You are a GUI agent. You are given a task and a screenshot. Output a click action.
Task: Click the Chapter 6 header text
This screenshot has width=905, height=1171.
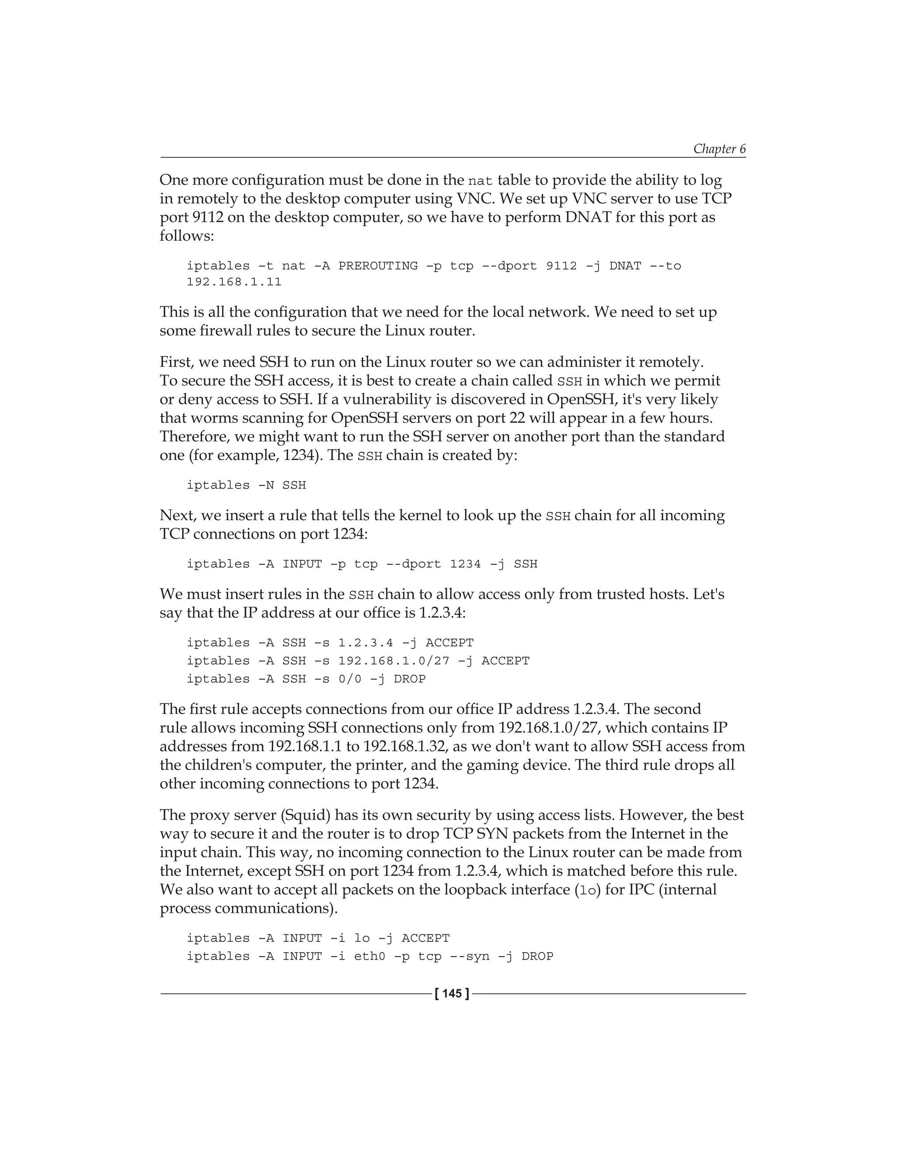tap(719, 148)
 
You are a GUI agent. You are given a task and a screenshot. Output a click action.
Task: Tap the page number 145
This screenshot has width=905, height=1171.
tap(452, 993)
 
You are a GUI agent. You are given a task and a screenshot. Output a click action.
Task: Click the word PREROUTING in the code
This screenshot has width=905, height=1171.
tap(377, 266)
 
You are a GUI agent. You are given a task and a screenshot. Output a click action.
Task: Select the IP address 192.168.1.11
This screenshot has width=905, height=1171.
tap(234, 282)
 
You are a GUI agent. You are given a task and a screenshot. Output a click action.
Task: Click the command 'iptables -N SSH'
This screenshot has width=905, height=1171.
tap(246, 485)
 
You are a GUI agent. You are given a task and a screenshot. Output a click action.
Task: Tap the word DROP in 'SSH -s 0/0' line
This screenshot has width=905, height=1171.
tap(410, 679)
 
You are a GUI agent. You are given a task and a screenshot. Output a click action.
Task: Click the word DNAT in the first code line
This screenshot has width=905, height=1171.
tap(625, 266)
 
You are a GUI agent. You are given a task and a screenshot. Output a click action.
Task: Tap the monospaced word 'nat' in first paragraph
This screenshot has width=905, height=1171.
tap(480, 181)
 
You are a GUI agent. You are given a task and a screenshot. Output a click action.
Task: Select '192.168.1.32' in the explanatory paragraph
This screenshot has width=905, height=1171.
tap(405, 746)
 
